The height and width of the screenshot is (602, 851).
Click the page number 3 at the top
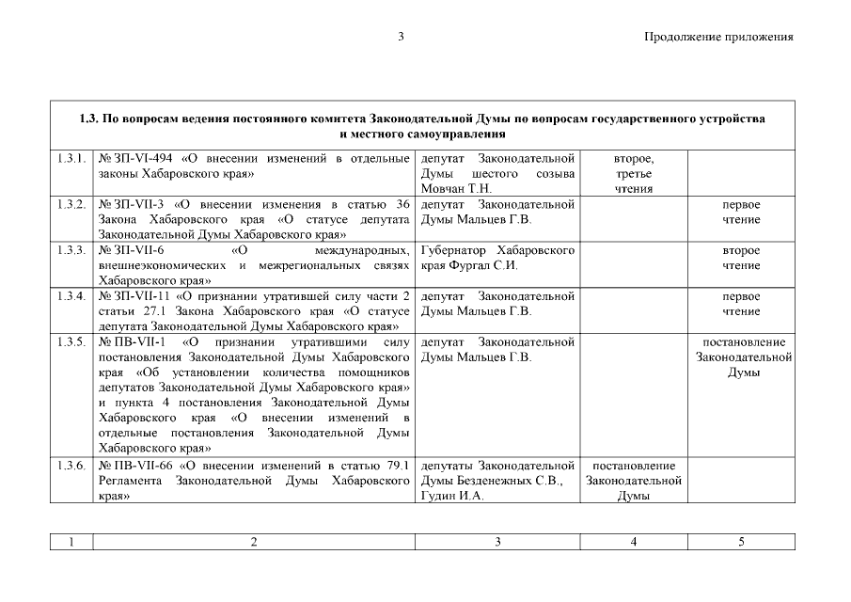click(x=401, y=37)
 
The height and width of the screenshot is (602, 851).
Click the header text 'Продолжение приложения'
click(x=718, y=38)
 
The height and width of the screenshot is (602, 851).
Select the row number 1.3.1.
click(x=71, y=158)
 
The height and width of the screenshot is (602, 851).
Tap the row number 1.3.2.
click(x=71, y=204)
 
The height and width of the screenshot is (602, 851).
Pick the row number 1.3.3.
click(x=71, y=250)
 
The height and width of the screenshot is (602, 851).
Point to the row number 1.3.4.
click(x=71, y=296)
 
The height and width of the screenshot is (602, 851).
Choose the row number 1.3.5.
click(x=71, y=341)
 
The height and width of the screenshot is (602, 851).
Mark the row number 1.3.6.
click(x=71, y=465)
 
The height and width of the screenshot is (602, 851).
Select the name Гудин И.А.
click(x=452, y=496)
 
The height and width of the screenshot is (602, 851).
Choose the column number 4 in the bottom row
click(x=634, y=542)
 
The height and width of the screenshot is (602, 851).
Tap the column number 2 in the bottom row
click(x=253, y=542)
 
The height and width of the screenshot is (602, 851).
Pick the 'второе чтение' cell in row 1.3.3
click(x=741, y=258)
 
